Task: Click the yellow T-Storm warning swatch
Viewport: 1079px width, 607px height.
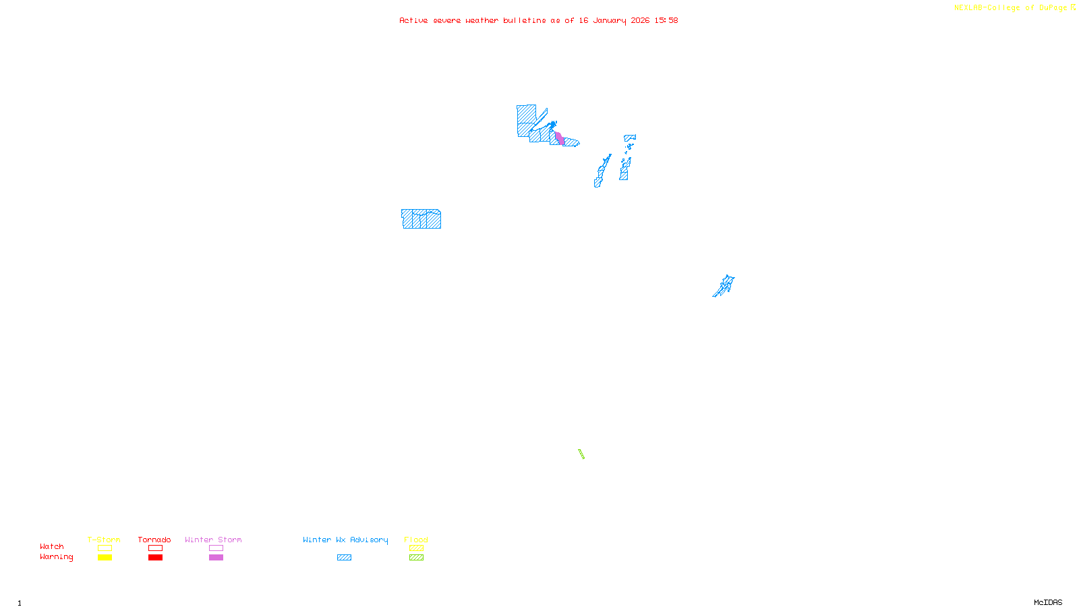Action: (105, 558)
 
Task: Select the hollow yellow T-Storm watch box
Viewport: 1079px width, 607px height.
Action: (105, 548)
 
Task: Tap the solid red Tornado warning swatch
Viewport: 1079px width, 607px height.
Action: (155, 558)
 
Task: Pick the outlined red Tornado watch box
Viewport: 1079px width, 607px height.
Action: (155, 548)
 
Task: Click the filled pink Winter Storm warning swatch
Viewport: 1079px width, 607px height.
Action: (216, 558)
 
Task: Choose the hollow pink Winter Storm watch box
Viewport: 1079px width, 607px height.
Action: (216, 548)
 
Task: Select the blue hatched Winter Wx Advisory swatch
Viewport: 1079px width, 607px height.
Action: (344, 558)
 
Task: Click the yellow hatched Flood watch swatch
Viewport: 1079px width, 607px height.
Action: (416, 548)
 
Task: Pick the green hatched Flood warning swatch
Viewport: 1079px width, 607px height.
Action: (416, 558)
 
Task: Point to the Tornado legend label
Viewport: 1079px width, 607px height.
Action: (154, 540)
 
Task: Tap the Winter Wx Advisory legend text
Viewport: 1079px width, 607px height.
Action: (345, 540)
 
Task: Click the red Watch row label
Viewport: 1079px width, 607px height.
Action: (52, 547)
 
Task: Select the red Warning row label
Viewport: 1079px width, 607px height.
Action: (56, 557)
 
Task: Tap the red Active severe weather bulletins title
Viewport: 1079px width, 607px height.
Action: (538, 21)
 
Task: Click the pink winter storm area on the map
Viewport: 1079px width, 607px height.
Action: (560, 139)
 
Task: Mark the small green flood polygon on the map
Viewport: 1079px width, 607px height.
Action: (581, 454)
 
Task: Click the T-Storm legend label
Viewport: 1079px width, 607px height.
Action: (104, 540)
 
